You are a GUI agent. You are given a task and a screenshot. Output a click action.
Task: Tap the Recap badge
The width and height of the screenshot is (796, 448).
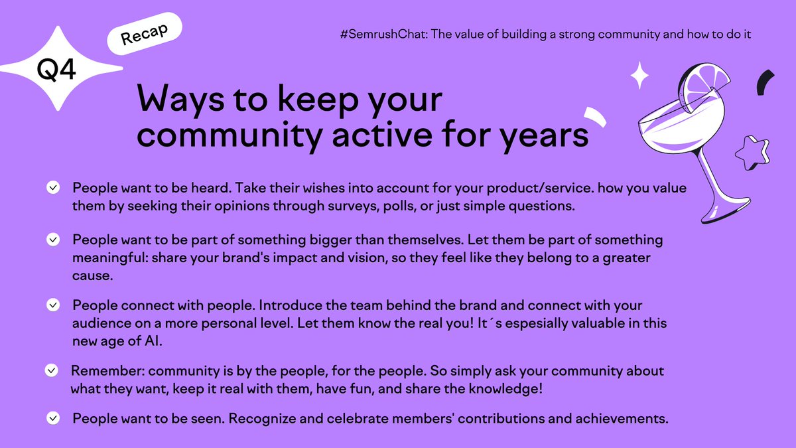[x=144, y=35]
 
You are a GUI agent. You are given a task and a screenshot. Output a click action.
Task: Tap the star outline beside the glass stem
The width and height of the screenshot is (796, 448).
[x=751, y=155]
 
